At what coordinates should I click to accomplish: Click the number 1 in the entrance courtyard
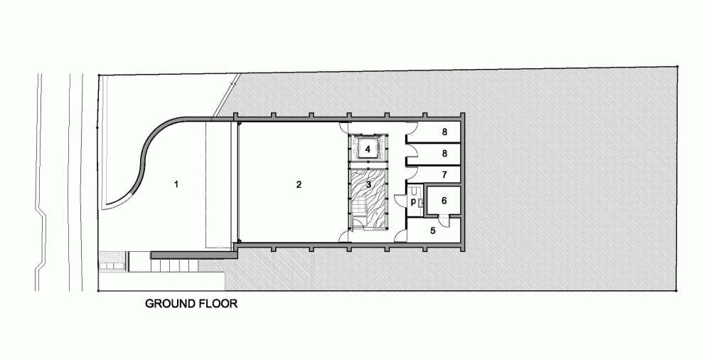(x=176, y=184)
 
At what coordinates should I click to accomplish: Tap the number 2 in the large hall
(x=299, y=184)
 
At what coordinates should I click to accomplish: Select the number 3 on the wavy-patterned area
(x=368, y=184)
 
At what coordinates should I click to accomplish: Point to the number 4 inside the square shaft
(x=368, y=149)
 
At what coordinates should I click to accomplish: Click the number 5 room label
(x=433, y=231)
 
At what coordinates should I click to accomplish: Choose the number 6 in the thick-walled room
(x=444, y=200)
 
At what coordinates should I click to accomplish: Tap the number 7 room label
(x=445, y=174)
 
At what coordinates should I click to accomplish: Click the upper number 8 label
(x=445, y=132)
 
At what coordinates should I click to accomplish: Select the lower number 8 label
(x=445, y=154)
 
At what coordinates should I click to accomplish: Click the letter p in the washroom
(x=413, y=201)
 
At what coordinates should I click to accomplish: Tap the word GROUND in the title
(x=171, y=304)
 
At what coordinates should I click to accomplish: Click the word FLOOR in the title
(x=218, y=304)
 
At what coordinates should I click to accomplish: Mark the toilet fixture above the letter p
(x=414, y=191)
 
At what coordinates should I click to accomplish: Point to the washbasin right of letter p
(x=421, y=203)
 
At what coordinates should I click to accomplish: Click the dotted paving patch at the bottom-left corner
(x=112, y=255)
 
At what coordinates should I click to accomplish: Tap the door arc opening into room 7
(x=411, y=172)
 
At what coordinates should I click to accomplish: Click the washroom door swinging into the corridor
(x=400, y=201)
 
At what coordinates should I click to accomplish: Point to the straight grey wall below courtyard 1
(x=193, y=255)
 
